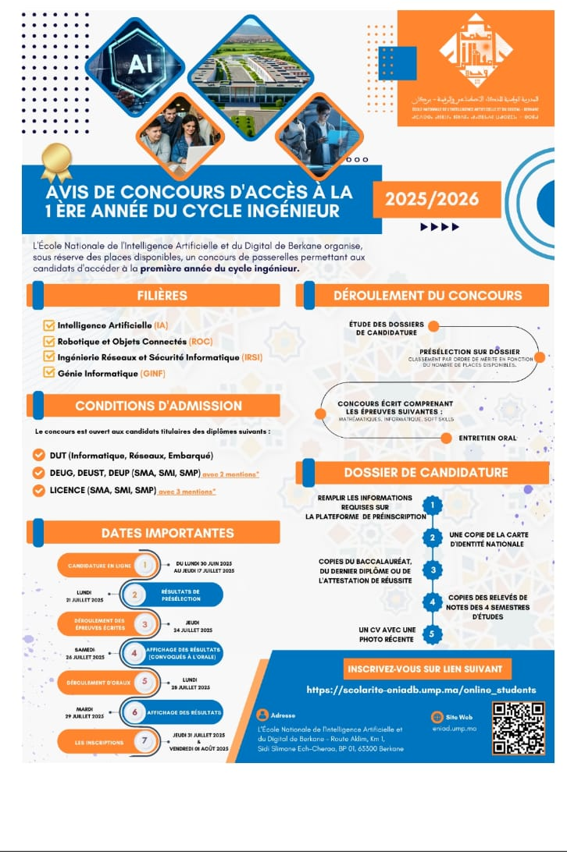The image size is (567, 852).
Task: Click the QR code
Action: [x=518, y=728]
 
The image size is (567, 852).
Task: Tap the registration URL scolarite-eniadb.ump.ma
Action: [x=422, y=690]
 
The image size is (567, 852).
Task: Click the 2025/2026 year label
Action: [x=432, y=200]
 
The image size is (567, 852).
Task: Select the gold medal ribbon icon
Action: [x=55, y=160]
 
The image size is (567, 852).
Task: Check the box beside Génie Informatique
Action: [x=48, y=372]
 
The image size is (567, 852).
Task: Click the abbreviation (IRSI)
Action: [x=251, y=357]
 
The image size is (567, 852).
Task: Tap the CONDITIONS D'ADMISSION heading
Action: [x=159, y=406]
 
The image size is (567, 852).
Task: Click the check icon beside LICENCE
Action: [x=38, y=491]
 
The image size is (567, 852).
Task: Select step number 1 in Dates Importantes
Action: [x=144, y=565]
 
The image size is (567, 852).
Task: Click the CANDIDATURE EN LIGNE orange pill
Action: [x=98, y=565]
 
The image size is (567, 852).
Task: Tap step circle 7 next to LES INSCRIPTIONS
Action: [x=144, y=742]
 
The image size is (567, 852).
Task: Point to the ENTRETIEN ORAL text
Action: [x=488, y=438]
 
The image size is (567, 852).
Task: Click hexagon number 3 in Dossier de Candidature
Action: [x=433, y=570]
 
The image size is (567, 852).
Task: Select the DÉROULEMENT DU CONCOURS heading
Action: [x=428, y=296]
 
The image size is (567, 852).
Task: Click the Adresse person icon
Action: [x=262, y=715]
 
